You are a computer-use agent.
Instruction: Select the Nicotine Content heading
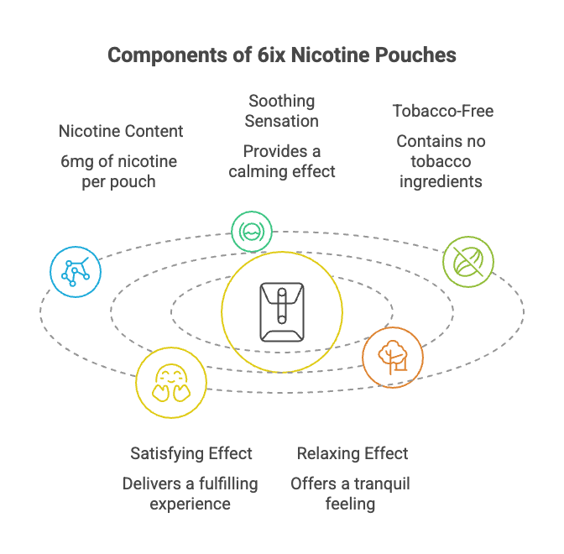[121, 131]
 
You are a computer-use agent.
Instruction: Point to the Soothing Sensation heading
[281, 111]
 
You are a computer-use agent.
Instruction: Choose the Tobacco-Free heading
[443, 111]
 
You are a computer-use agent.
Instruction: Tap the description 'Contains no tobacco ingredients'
[441, 160]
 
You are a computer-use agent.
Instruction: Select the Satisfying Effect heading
[191, 453]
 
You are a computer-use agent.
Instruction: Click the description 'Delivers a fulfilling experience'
[191, 494]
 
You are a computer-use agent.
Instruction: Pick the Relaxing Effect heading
[352, 453]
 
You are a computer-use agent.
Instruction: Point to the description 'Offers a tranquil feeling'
[350, 494]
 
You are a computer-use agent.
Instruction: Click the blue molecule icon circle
[76, 271]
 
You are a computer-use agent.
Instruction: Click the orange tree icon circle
[392, 357]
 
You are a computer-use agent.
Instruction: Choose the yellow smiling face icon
[170, 382]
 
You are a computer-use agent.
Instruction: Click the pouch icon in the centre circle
[282, 310]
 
